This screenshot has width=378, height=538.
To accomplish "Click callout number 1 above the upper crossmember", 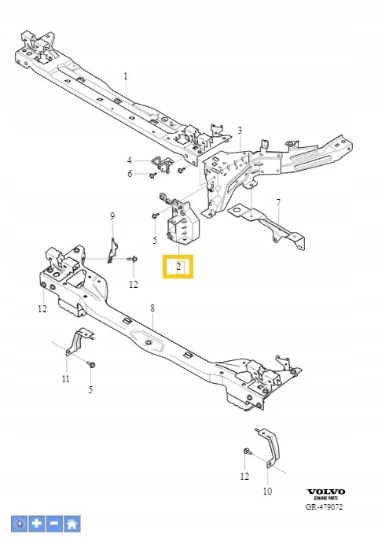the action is [x=126, y=76].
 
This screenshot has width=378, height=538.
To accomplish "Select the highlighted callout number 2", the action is [x=178, y=267].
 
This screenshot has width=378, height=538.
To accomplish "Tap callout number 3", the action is [x=240, y=131].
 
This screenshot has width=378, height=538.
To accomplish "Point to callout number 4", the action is [x=129, y=160].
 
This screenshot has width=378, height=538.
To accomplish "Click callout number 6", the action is [x=130, y=174].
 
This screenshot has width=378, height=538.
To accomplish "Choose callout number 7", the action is [x=278, y=203].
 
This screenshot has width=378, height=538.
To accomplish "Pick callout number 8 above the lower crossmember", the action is [x=152, y=308].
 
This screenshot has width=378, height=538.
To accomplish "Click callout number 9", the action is [x=112, y=216].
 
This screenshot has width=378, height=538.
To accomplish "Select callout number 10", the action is [x=267, y=491].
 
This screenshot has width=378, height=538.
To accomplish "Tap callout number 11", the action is [x=66, y=379].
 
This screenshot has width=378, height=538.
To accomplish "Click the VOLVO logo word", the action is [x=325, y=492].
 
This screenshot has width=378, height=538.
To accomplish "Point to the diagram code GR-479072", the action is [x=324, y=507].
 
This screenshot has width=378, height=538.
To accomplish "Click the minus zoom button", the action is [x=54, y=524].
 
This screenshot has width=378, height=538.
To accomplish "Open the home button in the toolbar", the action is [x=72, y=524].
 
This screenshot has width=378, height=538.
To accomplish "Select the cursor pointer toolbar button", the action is [x=20, y=524].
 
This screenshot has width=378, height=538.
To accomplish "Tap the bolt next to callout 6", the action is [x=152, y=175].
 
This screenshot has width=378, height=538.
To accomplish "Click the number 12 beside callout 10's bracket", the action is [x=244, y=476].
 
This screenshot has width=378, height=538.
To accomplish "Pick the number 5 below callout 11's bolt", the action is [x=90, y=390].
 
